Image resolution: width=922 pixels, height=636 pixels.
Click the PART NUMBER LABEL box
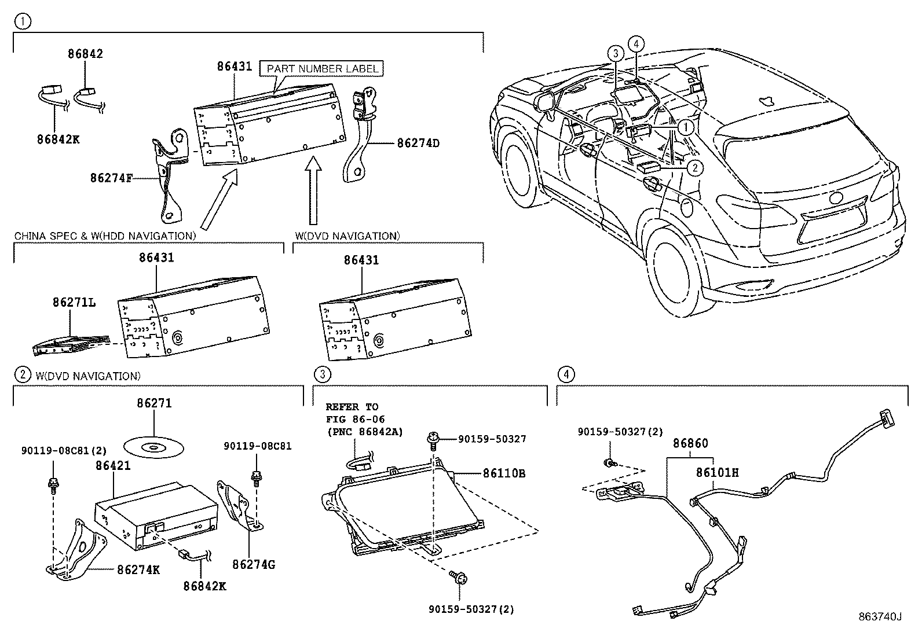[x=322, y=68]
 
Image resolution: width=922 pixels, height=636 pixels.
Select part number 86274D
[x=418, y=142]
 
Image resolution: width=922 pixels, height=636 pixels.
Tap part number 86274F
[x=112, y=178]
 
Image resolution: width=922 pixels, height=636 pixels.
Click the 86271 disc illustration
[x=154, y=447]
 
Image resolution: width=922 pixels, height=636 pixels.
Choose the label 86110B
[x=504, y=473]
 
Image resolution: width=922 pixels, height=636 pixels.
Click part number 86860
[x=690, y=444]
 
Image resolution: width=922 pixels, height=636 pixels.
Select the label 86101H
[x=717, y=472]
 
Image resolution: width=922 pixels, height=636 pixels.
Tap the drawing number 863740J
[x=880, y=617]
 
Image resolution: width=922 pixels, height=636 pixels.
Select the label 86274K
[x=138, y=570]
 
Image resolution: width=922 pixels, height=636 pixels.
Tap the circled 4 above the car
[x=636, y=43]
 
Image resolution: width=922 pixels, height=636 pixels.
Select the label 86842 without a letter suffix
[x=85, y=54]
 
